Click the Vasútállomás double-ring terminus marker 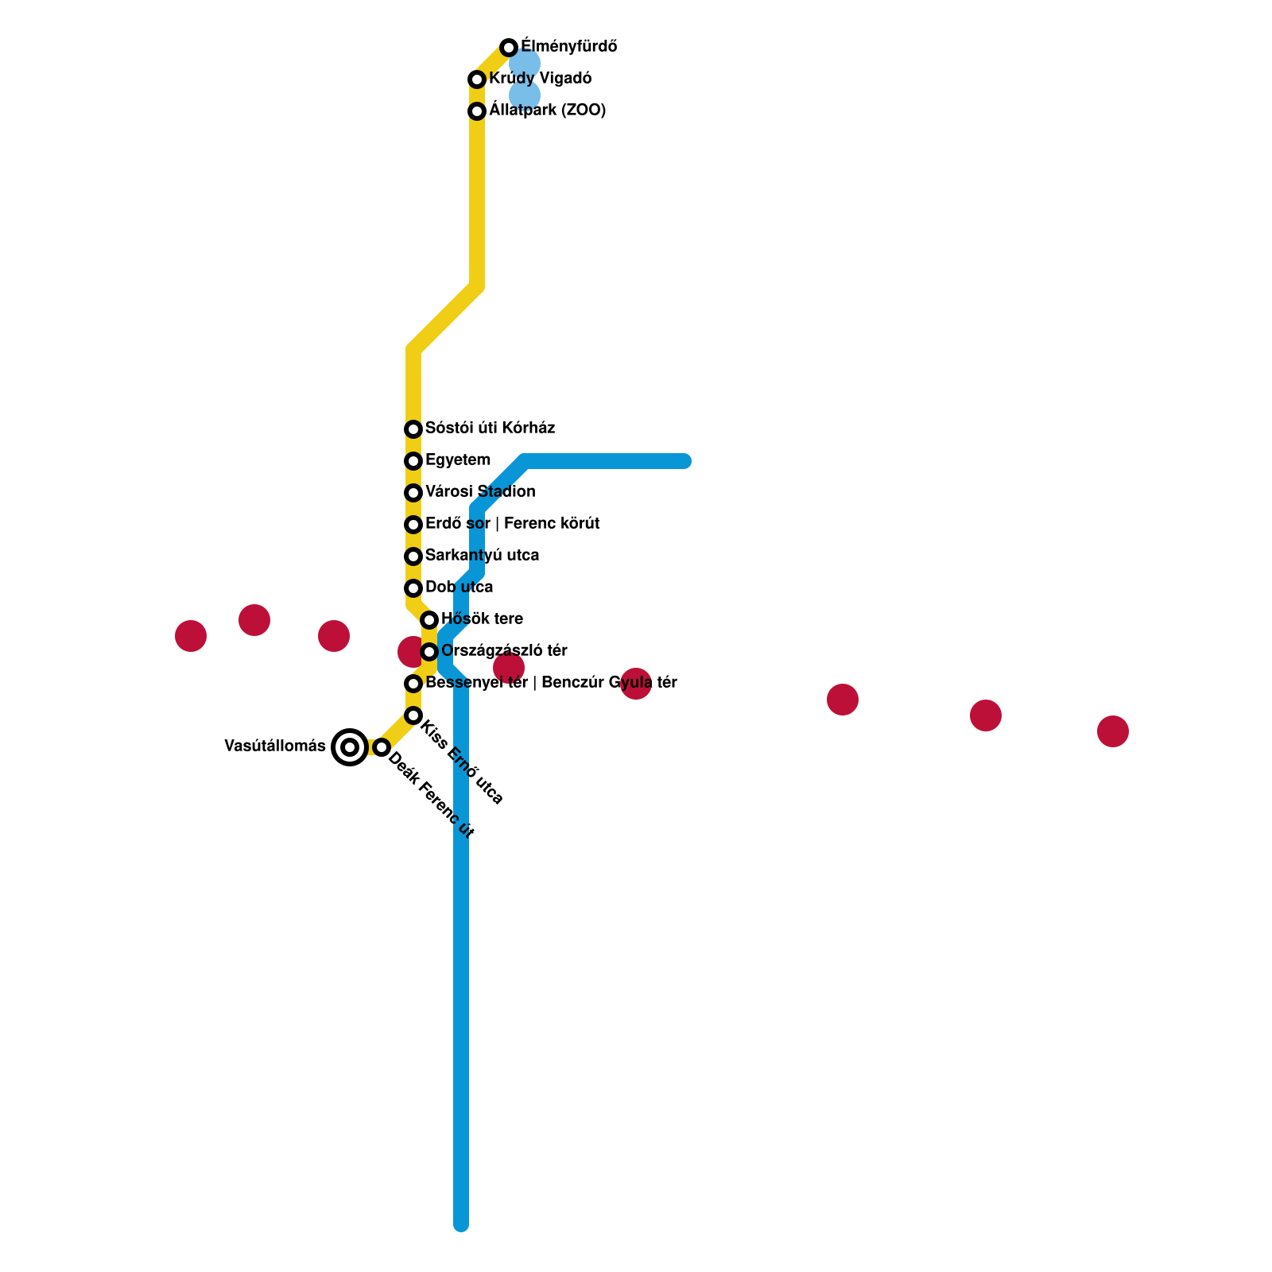(350, 747)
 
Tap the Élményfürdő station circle (509, 48)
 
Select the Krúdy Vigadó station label (540, 79)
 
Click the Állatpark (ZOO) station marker (477, 111)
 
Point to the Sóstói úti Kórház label (490, 429)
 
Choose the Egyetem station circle (413, 461)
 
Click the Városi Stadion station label (480, 492)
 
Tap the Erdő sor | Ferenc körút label (512, 524)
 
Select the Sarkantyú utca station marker (413, 556)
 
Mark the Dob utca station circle (413, 588)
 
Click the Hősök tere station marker (429, 620)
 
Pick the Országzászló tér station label (504, 651)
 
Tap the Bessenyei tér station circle (413, 684)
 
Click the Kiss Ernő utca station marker (413, 715)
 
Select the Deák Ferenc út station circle (382, 747)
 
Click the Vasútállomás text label (275, 747)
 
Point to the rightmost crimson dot (1113, 731)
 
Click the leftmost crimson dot (191, 636)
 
